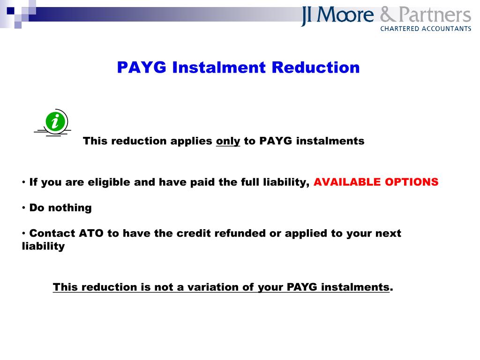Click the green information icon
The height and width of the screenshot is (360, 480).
(56, 122)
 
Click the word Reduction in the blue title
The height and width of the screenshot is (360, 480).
(316, 67)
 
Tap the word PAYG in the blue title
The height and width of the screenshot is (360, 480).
(142, 67)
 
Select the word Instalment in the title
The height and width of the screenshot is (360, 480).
(219, 67)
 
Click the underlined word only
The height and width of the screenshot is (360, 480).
(228, 141)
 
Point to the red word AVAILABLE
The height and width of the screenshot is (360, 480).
(347, 182)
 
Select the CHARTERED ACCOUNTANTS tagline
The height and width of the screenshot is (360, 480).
(425, 29)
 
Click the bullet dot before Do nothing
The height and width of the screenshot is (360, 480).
(24, 208)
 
